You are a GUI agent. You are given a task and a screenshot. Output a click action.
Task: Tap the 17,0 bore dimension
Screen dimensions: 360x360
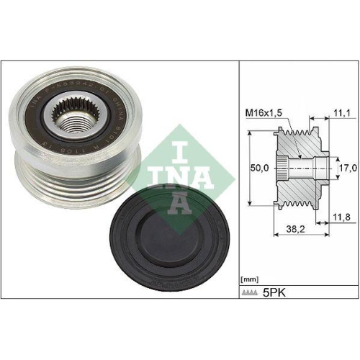(348, 168)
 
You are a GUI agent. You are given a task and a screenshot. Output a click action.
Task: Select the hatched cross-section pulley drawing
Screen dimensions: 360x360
(302, 168)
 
